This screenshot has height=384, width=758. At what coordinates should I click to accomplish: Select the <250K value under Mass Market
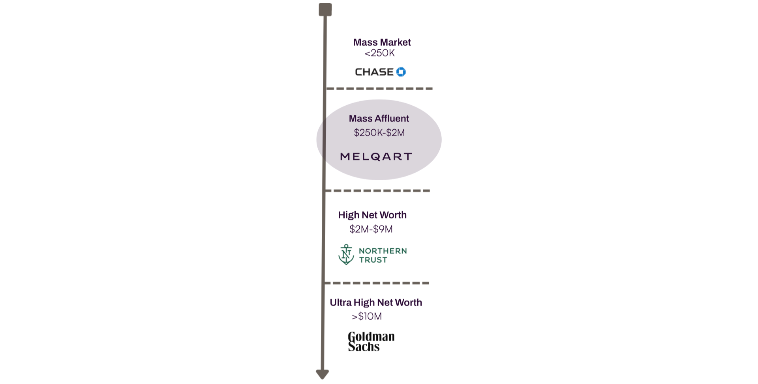coord(380,53)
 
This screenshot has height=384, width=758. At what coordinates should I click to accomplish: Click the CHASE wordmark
coord(375,72)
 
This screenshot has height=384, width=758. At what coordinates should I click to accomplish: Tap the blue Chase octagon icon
coord(401,72)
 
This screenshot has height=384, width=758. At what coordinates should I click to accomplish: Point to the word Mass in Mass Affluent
coord(360,118)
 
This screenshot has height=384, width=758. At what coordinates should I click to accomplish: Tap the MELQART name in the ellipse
coord(375,157)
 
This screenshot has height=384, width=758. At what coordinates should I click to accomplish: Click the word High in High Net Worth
coord(349,216)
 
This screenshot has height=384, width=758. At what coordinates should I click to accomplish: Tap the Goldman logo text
coord(371,340)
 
